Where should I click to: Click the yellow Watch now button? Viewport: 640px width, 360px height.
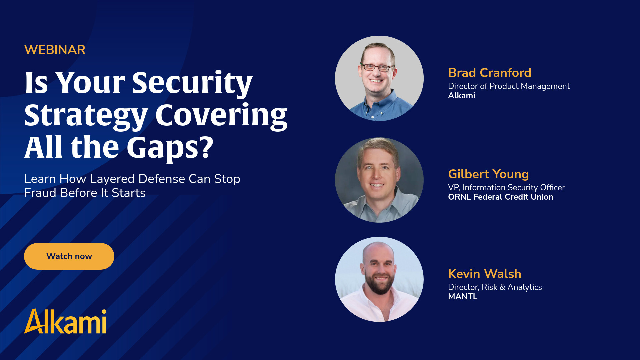(x=69, y=256)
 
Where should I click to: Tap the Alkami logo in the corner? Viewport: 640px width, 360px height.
(x=65, y=321)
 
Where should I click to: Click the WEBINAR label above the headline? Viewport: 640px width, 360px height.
(x=55, y=50)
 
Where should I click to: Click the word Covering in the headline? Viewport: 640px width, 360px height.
(x=221, y=116)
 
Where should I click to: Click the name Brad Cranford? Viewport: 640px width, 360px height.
(x=490, y=73)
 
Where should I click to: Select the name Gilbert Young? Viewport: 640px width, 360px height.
(x=488, y=174)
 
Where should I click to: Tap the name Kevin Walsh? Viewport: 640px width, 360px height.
(x=485, y=274)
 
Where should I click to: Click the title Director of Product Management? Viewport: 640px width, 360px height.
(x=509, y=86)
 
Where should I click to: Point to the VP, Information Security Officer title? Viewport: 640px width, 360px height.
(x=506, y=187)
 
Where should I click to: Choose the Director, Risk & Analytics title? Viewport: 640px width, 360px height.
(x=495, y=287)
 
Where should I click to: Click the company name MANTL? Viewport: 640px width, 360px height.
(x=463, y=296)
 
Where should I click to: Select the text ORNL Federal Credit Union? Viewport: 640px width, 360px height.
(x=501, y=197)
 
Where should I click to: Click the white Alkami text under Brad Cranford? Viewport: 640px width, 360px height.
(x=462, y=95)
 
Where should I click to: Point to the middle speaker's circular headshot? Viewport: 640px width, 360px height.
(x=379, y=180)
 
